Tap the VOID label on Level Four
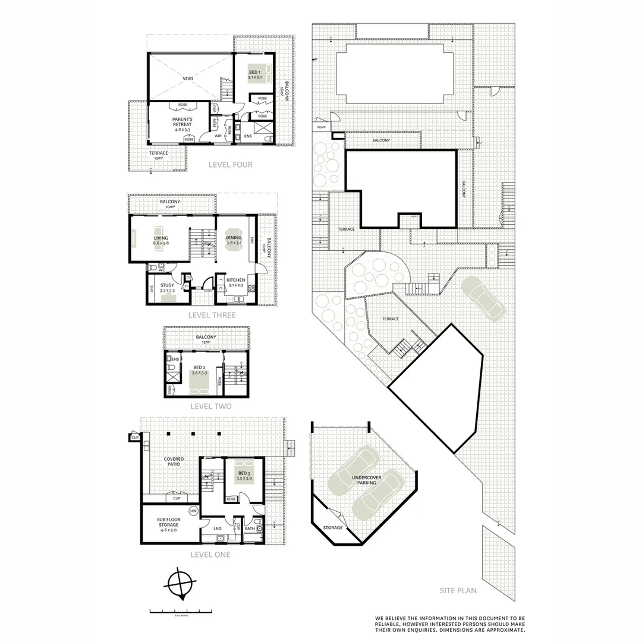point(188,78)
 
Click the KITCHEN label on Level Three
point(235,281)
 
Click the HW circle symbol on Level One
point(193,511)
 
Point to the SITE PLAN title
point(458,591)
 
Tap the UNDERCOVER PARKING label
point(367,480)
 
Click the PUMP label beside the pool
point(322,127)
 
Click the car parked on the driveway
point(482,297)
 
